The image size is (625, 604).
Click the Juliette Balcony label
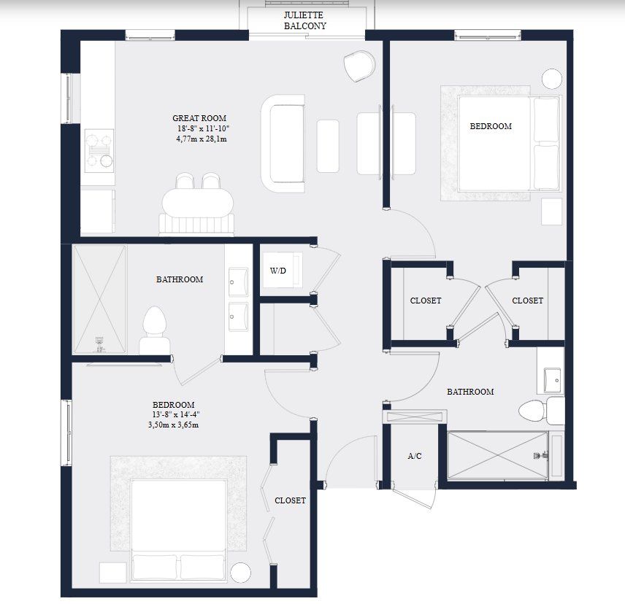305,20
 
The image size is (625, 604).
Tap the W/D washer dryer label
278,271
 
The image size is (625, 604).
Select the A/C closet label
415,456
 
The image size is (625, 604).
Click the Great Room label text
199,118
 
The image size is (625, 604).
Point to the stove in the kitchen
99,150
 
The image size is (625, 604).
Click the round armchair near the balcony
358,66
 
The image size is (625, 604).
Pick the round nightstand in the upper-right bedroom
552,78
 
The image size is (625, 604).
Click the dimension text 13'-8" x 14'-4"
174,415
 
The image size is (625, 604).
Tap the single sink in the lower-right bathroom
552,379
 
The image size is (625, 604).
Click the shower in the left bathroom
99,300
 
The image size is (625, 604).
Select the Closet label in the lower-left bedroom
290,500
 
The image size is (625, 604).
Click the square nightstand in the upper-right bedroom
551,212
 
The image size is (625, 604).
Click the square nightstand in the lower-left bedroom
114,573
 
